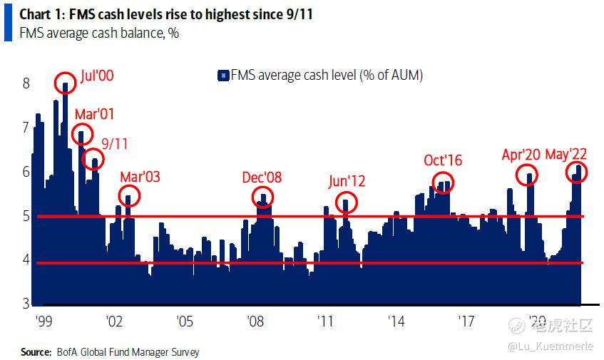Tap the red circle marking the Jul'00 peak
coord(65,83)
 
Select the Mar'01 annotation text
coord(94,114)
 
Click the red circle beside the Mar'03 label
coord(129,195)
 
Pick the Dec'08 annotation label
coord(263,177)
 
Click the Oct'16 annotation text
coord(443,160)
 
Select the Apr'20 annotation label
coord(521,155)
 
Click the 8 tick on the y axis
coord(26,83)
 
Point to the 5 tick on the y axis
coord(26,216)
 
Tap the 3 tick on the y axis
coord(26,304)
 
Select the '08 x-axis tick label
coord(255,321)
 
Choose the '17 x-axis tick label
coord(466,321)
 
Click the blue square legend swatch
coord(222,76)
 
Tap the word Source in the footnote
coord(36,352)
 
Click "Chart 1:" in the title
coord(41,14)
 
